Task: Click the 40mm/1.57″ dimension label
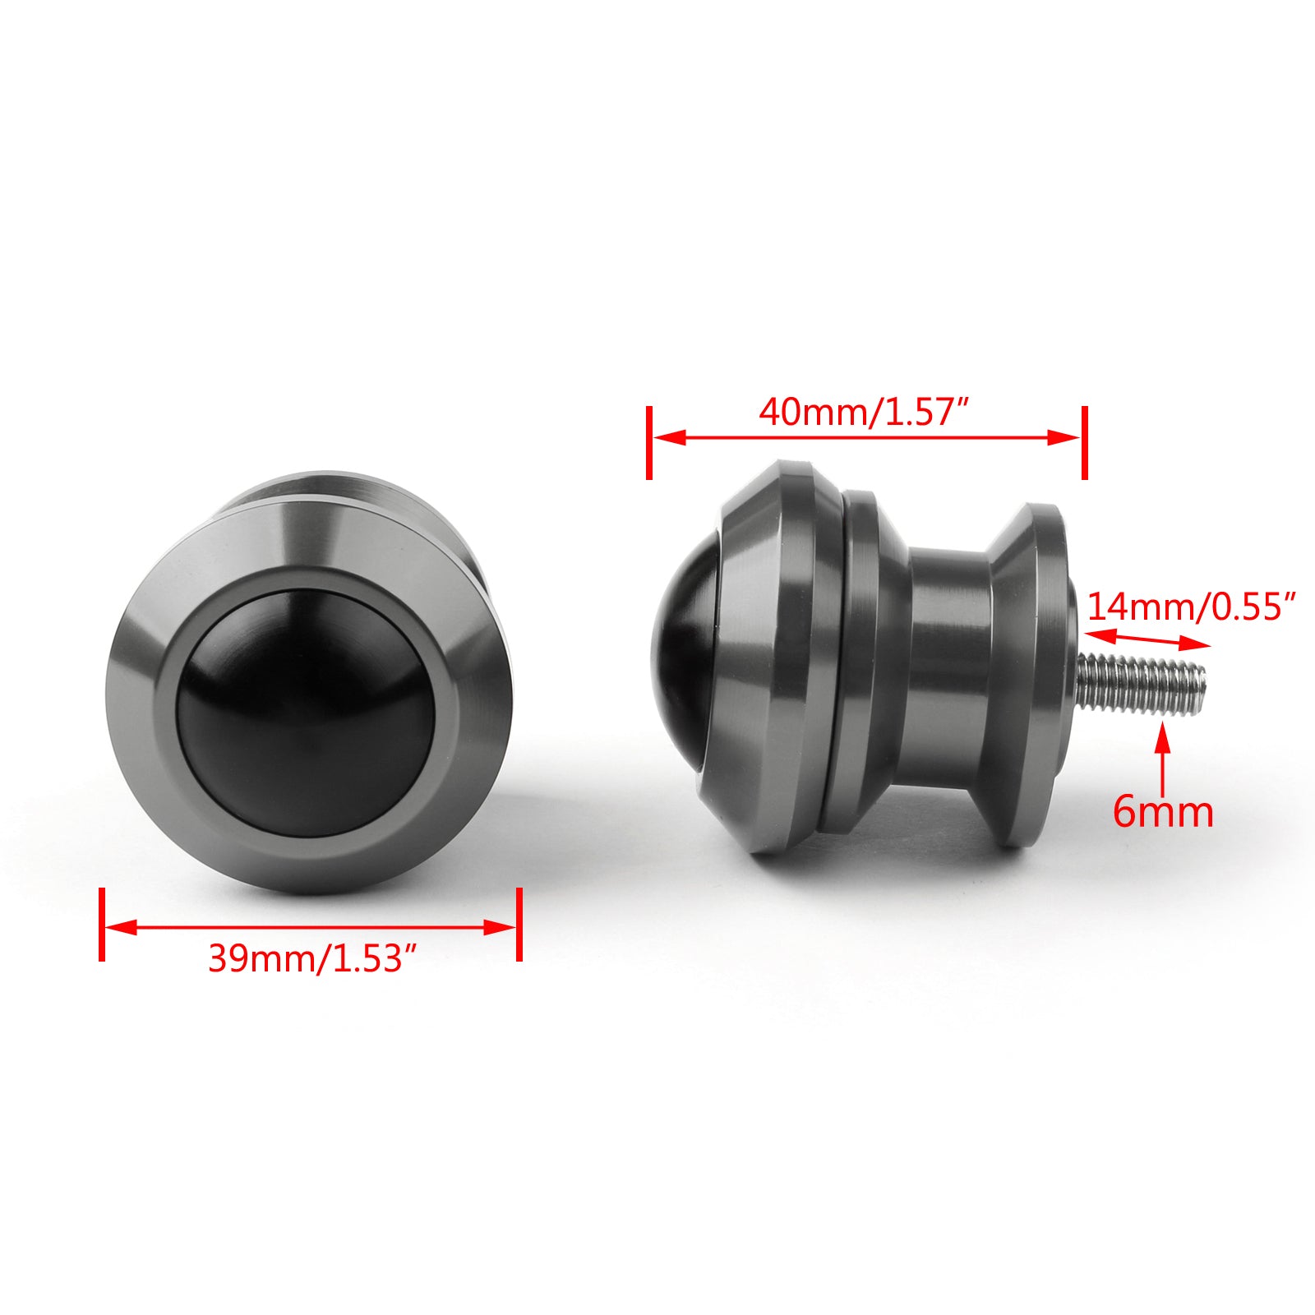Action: click(x=865, y=412)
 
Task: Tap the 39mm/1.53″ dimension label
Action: click(x=314, y=958)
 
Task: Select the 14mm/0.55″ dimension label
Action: click(x=1191, y=607)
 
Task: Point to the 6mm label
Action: click(x=1163, y=812)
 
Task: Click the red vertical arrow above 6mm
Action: click(x=1162, y=756)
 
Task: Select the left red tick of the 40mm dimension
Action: click(x=649, y=442)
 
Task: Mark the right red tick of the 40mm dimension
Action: click(x=1085, y=442)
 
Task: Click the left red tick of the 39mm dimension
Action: click(x=102, y=924)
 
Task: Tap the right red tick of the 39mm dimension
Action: click(x=519, y=924)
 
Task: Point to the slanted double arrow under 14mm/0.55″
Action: click(x=1147, y=639)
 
